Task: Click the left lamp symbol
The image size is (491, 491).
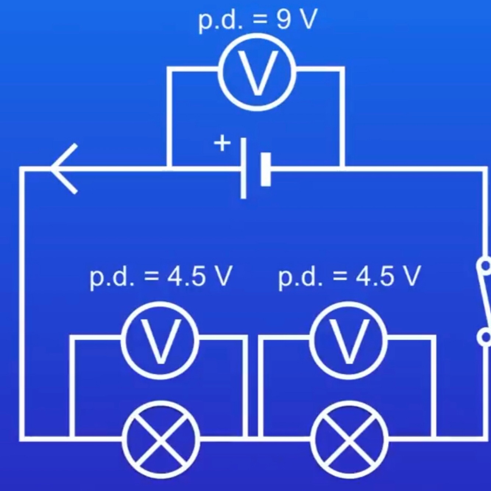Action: [161, 439]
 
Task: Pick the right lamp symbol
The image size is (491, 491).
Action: [350, 439]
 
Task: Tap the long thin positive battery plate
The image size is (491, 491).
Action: [243, 169]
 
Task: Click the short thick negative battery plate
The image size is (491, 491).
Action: [265, 169]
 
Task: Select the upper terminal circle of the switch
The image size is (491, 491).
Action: [485, 265]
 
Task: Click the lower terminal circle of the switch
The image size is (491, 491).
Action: [484, 336]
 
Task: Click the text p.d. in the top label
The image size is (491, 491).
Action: [221, 21]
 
